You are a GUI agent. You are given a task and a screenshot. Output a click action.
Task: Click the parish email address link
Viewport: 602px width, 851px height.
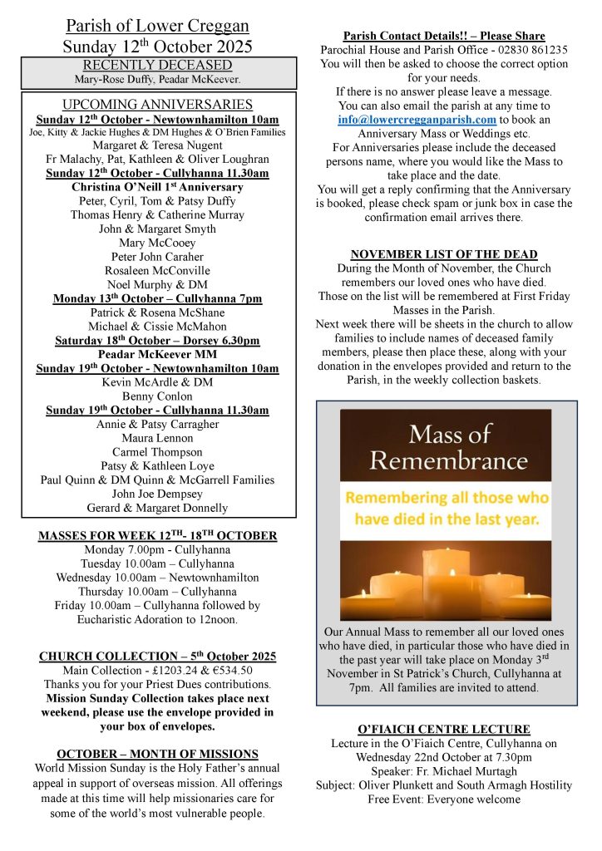coord(417,120)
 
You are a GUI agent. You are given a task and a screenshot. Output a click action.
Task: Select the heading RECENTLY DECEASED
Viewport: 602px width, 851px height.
coord(157,65)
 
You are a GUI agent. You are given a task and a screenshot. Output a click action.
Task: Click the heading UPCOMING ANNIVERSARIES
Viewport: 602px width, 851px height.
coord(157,105)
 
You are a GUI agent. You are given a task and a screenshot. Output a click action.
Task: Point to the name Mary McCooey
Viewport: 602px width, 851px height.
coord(157,243)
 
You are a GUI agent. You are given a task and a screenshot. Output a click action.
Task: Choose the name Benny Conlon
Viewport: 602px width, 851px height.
coord(157,396)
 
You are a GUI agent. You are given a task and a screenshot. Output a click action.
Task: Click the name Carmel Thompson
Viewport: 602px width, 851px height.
coord(157,452)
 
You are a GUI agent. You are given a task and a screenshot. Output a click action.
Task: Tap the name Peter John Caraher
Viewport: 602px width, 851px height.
coord(157,257)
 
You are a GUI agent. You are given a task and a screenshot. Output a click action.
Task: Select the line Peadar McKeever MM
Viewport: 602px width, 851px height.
coord(157,355)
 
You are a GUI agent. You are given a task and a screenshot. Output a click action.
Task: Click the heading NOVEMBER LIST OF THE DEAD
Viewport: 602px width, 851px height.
coord(444,254)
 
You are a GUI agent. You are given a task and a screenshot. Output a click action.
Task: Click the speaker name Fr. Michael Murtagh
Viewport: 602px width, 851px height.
coord(466,771)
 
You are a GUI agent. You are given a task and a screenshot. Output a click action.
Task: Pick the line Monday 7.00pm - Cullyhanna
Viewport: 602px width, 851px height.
coord(157,549)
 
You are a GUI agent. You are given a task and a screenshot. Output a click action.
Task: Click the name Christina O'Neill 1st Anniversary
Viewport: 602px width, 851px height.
coord(157,187)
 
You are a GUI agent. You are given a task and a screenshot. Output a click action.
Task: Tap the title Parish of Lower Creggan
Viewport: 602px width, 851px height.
coord(157,27)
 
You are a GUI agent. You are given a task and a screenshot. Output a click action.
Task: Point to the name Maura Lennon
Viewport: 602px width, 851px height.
coord(157,438)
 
